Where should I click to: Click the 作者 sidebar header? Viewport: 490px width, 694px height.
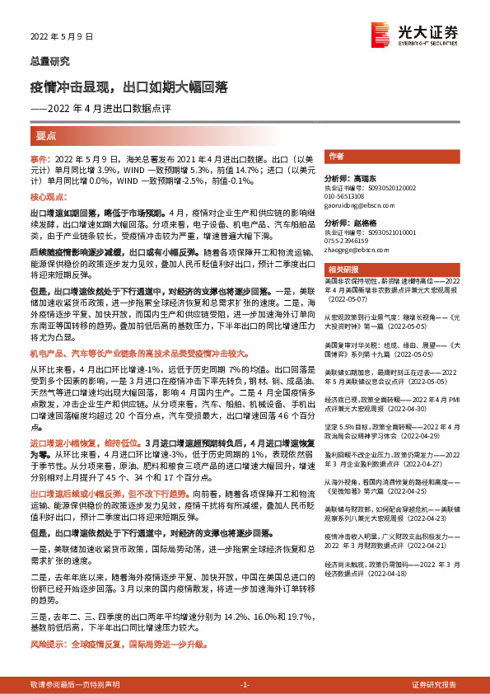[336, 156]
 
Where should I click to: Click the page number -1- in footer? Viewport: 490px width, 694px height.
[244, 685]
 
